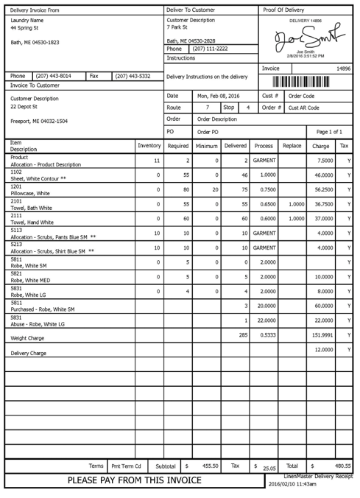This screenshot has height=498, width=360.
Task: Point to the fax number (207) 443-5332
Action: click(x=133, y=76)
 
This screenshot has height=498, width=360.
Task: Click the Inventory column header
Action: click(x=149, y=146)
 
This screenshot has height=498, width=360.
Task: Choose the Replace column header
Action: click(x=292, y=146)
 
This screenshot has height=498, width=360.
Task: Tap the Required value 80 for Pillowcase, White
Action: click(x=185, y=189)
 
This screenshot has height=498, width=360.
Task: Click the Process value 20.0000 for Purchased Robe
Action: click(x=266, y=305)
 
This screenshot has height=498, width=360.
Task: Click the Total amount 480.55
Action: click(x=342, y=466)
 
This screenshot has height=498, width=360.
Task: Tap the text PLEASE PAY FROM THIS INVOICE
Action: click(x=135, y=480)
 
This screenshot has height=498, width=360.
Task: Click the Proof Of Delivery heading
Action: click(x=284, y=10)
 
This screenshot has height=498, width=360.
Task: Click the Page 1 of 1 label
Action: click(x=328, y=132)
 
